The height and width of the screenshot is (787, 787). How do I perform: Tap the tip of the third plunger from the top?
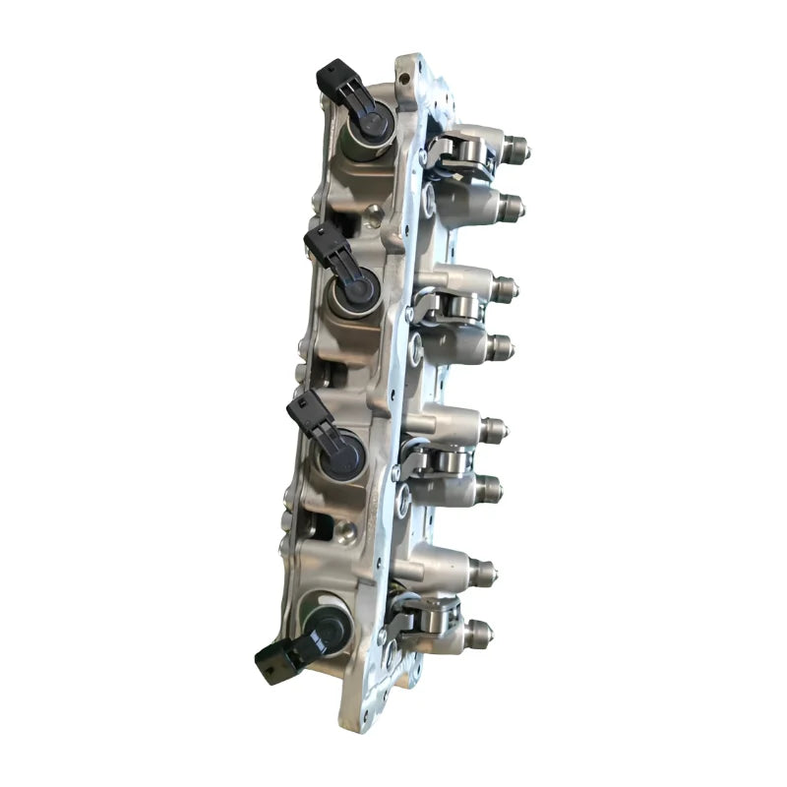click(508, 288)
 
